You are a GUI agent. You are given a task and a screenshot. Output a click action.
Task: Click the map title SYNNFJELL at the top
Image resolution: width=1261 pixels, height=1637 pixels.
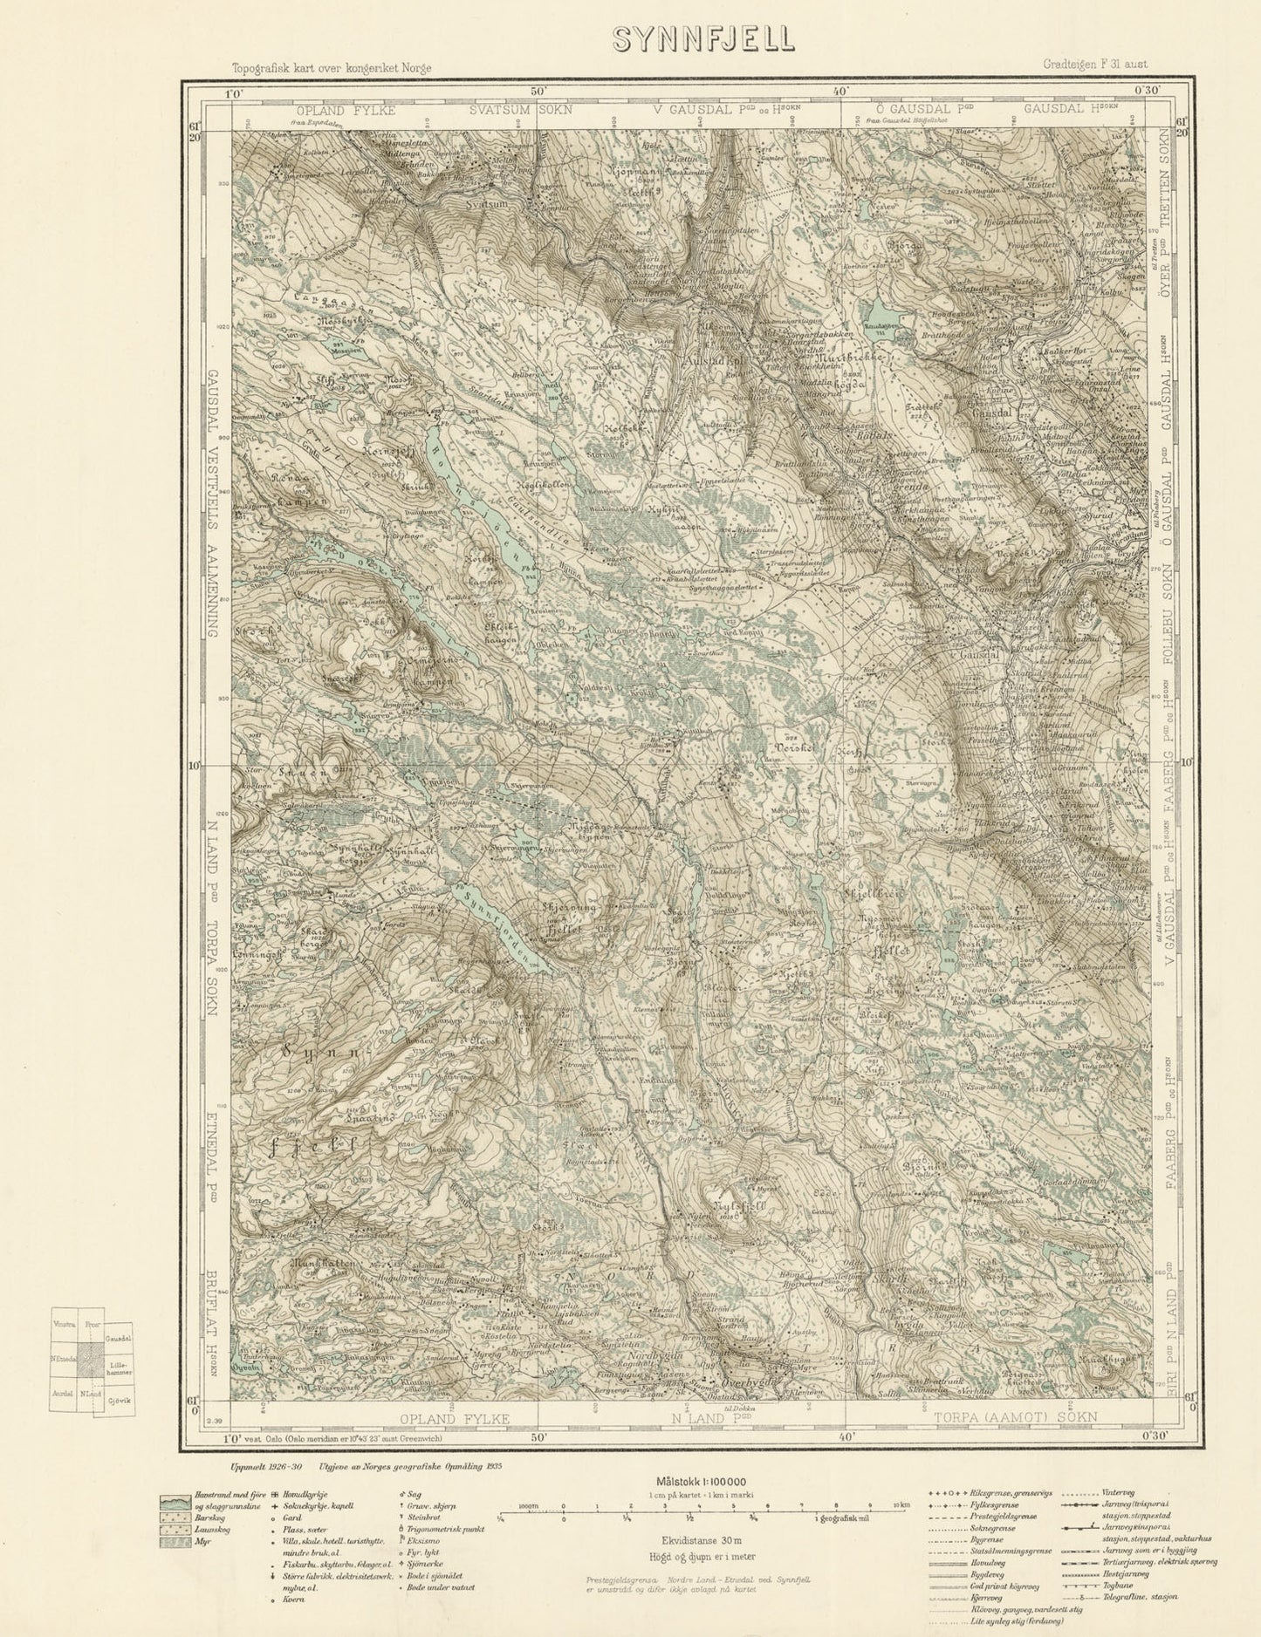pos(702,39)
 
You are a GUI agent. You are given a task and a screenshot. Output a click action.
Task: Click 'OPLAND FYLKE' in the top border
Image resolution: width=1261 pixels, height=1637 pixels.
pos(346,111)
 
